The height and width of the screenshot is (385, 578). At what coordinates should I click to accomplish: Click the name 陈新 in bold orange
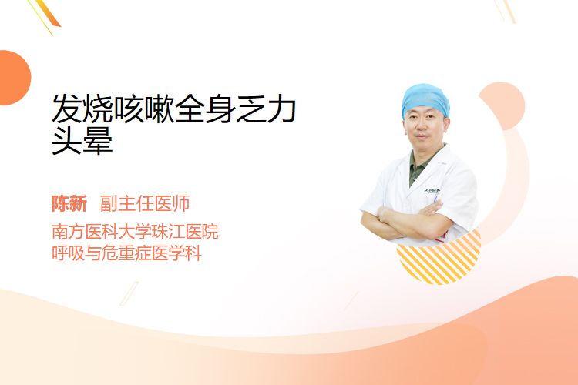click(69, 204)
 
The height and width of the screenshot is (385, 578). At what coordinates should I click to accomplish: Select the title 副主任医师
click(145, 204)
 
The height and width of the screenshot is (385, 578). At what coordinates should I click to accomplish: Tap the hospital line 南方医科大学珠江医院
click(135, 231)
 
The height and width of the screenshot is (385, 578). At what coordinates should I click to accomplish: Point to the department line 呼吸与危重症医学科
click(126, 253)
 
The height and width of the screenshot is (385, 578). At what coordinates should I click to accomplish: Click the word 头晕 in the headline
click(82, 140)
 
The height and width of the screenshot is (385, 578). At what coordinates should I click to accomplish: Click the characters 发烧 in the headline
click(82, 109)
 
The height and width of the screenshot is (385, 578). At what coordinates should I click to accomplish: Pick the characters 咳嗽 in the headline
click(144, 109)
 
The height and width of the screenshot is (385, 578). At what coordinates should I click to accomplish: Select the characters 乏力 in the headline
click(267, 109)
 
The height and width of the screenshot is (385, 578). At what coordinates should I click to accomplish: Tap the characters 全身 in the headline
click(205, 109)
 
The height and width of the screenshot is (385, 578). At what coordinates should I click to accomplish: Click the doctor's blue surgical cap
click(425, 99)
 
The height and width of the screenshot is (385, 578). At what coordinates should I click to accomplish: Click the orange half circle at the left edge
click(14, 78)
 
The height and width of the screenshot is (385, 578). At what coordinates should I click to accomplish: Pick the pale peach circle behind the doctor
click(502, 105)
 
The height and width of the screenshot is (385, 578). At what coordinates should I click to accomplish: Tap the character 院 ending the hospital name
click(210, 231)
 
